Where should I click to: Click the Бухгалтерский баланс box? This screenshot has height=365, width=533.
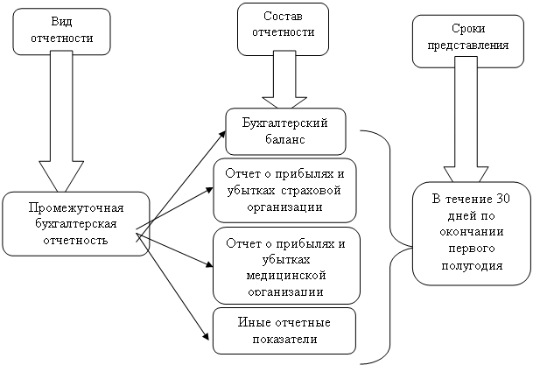tap(285, 130)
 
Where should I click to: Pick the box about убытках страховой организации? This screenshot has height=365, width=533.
tap(284, 190)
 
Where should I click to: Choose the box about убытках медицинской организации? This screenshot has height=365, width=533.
tap(284, 263)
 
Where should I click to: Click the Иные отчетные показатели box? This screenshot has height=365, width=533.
tap(284, 330)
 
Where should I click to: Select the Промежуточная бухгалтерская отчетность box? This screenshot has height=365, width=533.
tap(75, 223)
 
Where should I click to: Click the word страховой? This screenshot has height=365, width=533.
tap(311, 190)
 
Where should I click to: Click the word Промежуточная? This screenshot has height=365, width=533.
tap(75, 209)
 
